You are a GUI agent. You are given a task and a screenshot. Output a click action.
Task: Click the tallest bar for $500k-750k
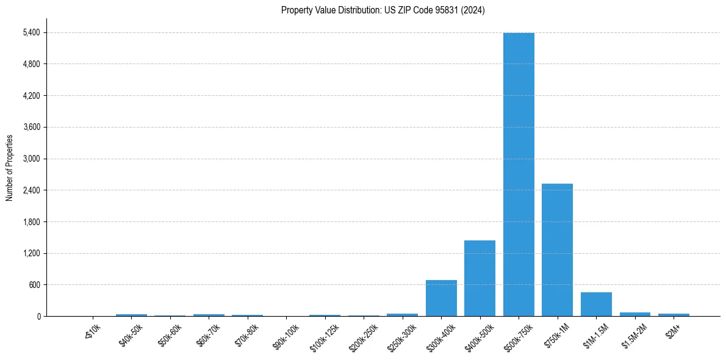click(x=519, y=175)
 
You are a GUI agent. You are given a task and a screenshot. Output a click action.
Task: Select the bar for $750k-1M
click(x=557, y=250)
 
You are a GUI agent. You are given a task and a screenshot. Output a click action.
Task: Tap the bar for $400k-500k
click(x=480, y=278)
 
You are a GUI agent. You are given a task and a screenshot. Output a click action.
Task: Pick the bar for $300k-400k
click(x=441, y=298)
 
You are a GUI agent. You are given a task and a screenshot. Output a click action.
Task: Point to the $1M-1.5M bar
click(x=596, y=304)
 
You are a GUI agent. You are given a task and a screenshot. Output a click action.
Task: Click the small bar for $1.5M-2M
click(x=634, y=314)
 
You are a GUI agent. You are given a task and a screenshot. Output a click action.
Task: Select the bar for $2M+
click(x=674, y=315)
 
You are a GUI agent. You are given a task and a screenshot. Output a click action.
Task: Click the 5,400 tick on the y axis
click(x=31, y=32)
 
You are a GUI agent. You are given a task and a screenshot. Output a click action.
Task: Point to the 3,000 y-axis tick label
click(x=31, y=159)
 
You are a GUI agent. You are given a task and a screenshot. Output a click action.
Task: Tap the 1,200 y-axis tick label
click(x=31, y=253)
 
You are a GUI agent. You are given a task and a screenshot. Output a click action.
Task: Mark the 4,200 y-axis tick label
click(x=31, y=96)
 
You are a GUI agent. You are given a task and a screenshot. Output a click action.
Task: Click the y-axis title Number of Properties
click(x=9, y=167)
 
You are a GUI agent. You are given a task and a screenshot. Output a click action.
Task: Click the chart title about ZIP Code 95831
click(x=383, y=10)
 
